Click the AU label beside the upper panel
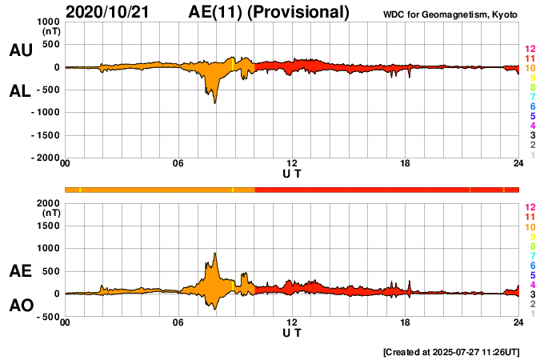(21, 50)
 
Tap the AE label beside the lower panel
(21, 271)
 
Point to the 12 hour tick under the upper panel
(292, 164)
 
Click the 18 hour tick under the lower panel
(406, 323)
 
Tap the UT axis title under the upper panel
(292, 174)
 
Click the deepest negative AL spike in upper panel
(214, 102)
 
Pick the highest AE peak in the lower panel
(214, 254)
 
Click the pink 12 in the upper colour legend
(530, 49)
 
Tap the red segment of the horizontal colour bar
(384, 190)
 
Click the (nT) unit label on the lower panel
(51, 214)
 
